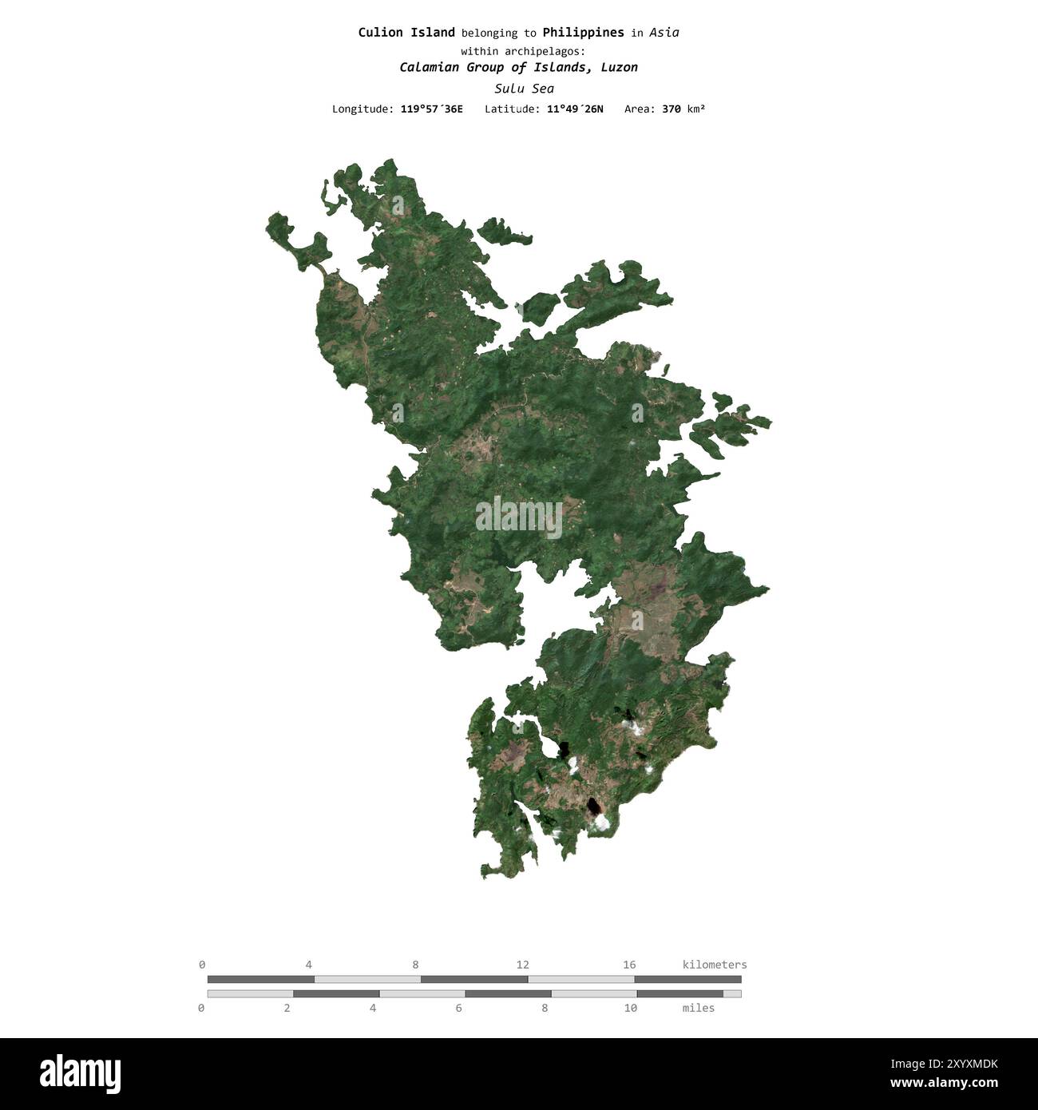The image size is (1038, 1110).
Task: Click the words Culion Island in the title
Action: click(406, 33)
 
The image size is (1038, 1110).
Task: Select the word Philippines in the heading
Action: click(583, 33)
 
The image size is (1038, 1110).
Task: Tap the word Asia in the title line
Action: click(664, 33)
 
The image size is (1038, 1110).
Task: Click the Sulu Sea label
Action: click(524, 89)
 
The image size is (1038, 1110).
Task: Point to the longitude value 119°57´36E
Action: click(431, 109)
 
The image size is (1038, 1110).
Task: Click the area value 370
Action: click(672, 109)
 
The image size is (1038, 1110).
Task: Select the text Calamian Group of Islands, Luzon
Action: click(518, 68)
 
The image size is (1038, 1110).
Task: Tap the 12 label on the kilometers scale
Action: click(522, 965)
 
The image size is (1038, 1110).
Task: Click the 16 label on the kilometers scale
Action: click(629, 965)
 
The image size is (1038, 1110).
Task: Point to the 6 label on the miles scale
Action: click(458, 1008)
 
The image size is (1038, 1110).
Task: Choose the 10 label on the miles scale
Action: click(631, 1008)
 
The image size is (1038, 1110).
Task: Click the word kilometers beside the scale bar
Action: click(715, 965)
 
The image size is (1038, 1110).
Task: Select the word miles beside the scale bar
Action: click(699, 1008)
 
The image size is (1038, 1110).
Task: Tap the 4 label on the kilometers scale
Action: click(309, 965)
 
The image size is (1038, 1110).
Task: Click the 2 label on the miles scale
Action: click(287, 1008)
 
